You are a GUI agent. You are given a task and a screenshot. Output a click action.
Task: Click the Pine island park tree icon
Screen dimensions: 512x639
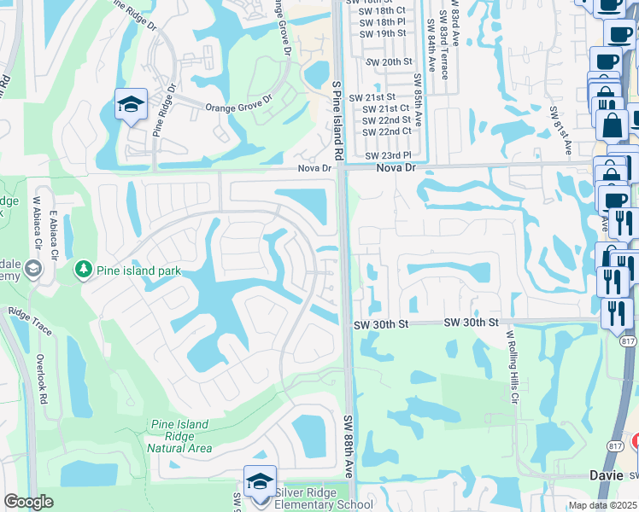(83, 271)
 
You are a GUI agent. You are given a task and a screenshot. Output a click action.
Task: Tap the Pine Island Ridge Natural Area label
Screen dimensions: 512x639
(179, 435)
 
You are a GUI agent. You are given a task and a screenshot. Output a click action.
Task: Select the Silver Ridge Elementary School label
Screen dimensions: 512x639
(324, 497)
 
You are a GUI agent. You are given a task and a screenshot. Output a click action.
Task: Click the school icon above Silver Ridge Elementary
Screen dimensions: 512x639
(260, 482)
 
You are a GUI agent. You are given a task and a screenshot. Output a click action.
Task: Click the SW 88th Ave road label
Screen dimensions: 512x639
(349, 445)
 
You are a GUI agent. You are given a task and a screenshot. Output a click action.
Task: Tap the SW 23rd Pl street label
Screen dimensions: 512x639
(388, 156)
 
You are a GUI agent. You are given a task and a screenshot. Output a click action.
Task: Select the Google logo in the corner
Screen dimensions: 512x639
(28, 502)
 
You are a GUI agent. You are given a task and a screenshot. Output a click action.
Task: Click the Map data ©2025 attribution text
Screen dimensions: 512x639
(602, 505)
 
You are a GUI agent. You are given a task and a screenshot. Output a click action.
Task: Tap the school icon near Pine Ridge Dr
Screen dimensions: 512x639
(131, 105)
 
